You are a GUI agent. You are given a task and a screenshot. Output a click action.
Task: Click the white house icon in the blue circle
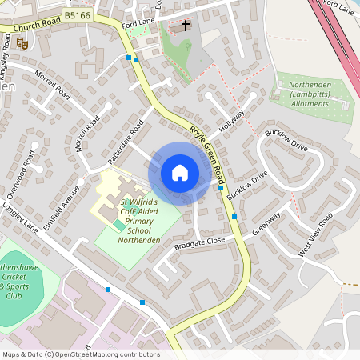(180, 173)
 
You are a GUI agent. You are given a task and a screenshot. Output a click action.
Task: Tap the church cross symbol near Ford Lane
(186, 26)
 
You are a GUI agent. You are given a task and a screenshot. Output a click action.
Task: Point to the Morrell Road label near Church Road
(51, 86)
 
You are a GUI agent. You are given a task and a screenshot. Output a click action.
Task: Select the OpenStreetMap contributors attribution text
(80, 354)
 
